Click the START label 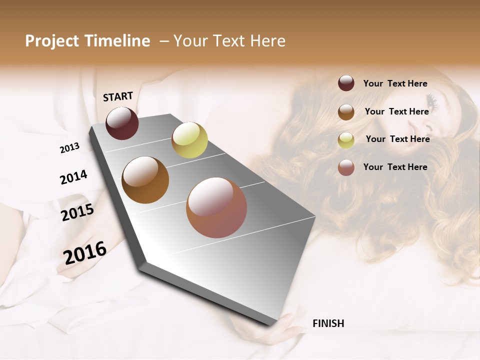click(118, 96)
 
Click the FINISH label click(328, 323)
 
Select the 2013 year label click(70, 148)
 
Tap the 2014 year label click(73, 177)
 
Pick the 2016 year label click(85, 252)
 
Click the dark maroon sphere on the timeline click(122, 123)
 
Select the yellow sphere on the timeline click(189, 140)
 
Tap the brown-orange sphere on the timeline click(145, 180)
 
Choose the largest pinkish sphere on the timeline click(216, 207)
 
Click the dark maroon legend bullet click(346, 83)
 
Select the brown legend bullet click(346, 112)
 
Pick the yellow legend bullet click(346, 140)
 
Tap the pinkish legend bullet click(346, 167)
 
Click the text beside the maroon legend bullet click(395, 84)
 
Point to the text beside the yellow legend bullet click(397, 139)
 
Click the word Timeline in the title click(118, 41)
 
